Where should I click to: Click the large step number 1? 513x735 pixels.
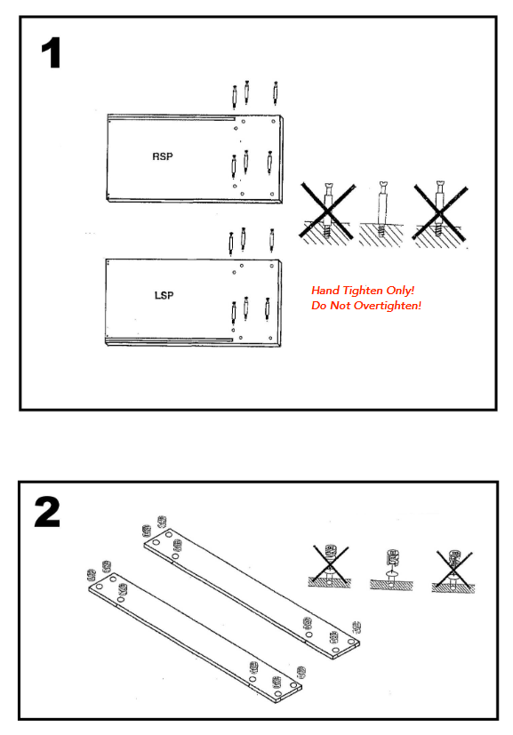click(51, 52)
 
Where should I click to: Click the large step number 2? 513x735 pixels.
click(47, 512)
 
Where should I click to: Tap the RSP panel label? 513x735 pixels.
click(162, 156)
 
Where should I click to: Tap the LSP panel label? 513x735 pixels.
click(164, 295)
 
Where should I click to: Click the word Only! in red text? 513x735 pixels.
click(400, 290)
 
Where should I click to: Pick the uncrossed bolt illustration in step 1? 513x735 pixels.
click(381, 213)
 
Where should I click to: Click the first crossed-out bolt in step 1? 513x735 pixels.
click(327, 213)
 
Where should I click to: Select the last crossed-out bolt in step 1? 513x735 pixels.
click(440, 213)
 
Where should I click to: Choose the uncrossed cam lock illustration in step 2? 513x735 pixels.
click(391, 569)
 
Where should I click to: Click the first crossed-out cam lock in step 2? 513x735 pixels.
click(330, 566)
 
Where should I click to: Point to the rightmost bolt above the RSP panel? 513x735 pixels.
click(276, 92)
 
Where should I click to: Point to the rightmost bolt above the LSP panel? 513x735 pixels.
click(271, 240)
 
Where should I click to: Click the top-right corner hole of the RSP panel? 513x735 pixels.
click(273, 122)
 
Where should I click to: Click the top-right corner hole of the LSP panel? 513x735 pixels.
click(271, 267)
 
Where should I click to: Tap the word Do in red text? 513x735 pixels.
click(319, 306)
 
